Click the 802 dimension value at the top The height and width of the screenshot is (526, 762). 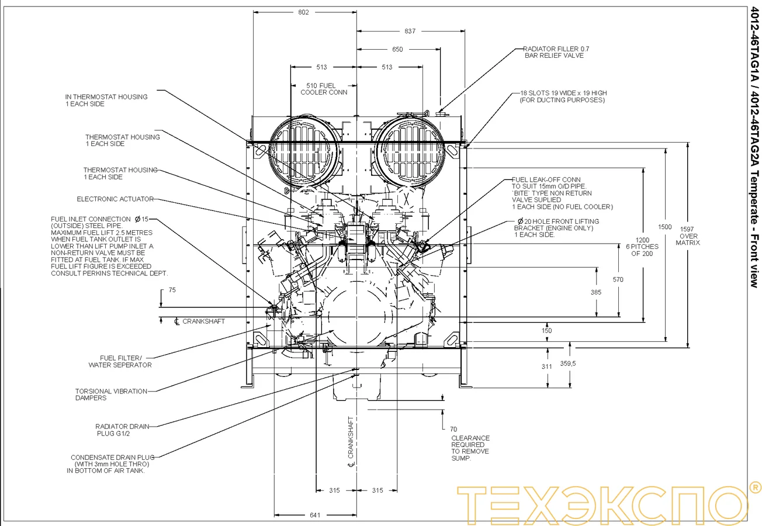(303, 12)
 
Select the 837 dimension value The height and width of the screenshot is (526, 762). (410, 32)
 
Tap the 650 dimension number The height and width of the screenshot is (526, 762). (397, 50)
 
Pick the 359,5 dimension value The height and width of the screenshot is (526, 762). (568, 363)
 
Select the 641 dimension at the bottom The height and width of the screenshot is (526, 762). (315, 515)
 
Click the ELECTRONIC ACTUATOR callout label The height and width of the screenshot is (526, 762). (115, 199)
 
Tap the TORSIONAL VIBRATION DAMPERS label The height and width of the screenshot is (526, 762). (111, 394)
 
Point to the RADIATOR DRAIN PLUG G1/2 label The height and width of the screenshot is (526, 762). (122, 430)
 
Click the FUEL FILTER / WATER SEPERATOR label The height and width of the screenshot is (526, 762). (120, 361)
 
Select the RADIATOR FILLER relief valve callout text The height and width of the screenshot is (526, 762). (553, 52)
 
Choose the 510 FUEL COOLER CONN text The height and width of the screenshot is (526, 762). (324, 89)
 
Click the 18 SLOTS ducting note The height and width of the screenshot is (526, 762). (563, 96)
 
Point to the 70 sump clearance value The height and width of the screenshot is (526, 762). (453, 429)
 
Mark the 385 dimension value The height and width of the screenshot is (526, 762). (595, 292)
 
